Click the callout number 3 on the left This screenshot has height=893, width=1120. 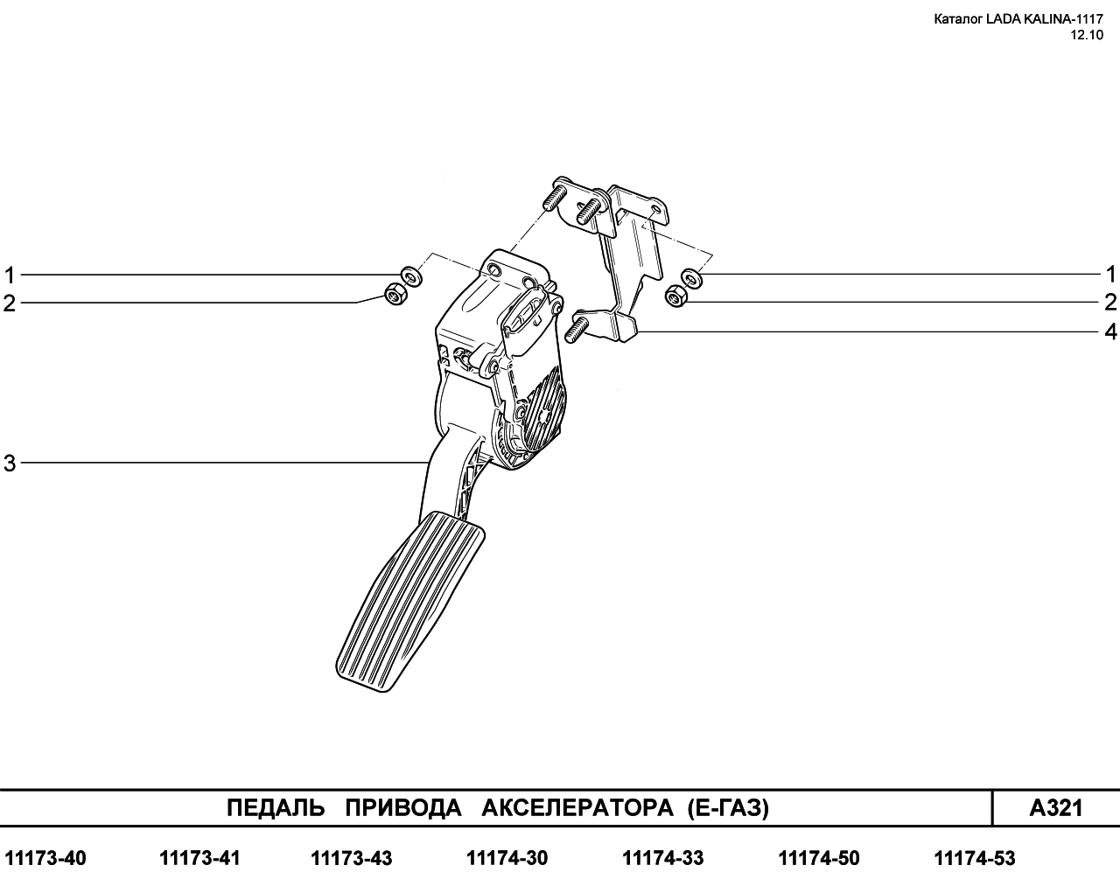(10, 463)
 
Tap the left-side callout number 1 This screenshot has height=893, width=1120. (10, 275)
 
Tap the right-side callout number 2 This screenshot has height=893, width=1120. (1110, 303)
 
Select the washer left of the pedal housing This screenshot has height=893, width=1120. (411, 276)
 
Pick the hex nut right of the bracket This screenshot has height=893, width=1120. (676, 297)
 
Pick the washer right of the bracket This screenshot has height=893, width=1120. (691, 278)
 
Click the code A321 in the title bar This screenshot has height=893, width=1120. (1056, 808)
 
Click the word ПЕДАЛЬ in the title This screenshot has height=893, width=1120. (276, 808)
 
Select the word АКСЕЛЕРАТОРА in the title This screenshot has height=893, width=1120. (577, 808)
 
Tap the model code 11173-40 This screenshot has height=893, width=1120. (45, 858)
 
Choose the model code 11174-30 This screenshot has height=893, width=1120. (507, 858)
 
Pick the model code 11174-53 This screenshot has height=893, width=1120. (975, 858)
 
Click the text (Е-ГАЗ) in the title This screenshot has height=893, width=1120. (728, 808)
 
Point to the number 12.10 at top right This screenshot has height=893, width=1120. (1086, 35)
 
